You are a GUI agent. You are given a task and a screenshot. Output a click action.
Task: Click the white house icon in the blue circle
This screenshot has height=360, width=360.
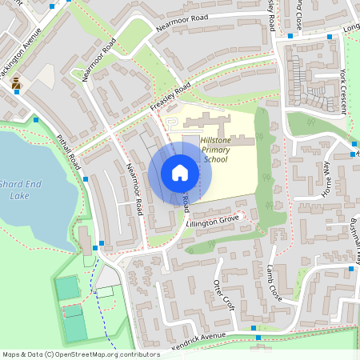point(180,173)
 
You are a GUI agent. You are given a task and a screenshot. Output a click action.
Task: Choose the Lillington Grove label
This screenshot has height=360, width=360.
point(213,218)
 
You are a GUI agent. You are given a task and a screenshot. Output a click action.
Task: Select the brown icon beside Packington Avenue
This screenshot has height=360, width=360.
point(16,82)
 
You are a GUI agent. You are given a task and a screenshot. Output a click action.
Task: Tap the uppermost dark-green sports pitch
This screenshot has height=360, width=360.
point(67,286)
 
